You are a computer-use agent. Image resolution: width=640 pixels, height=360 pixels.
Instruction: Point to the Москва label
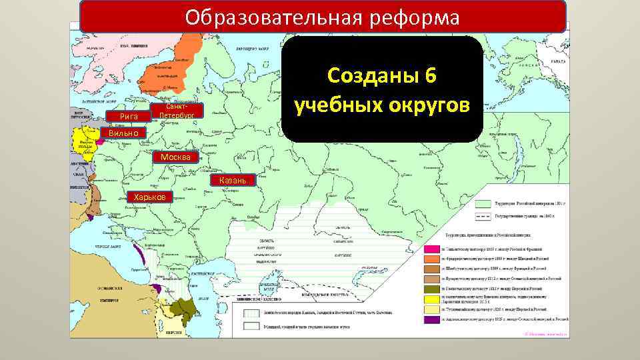pyautogui.click(x=175, y=157)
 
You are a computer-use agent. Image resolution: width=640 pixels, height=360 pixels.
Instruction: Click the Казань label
pyautogui.click(x=232, y=181)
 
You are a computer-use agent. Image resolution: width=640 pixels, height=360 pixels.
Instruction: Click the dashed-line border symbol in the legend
pyautogui.click(x=482, y=217)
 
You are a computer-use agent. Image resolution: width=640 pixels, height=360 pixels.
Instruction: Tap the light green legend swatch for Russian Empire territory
pyautogui.click(x=482, y=203)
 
